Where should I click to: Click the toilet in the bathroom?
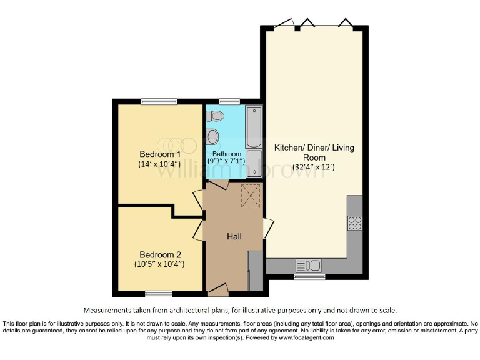point(216,116)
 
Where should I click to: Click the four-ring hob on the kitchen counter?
point(354,223)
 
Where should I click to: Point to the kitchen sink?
point(309,265)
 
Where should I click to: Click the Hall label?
point(234,236)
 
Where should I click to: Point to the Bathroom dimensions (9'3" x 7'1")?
point(226,162)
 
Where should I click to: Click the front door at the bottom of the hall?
point(218,288)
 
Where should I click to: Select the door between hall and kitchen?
point(268,228)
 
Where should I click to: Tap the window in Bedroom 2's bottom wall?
point(159,293)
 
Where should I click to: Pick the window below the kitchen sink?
point(309,276)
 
